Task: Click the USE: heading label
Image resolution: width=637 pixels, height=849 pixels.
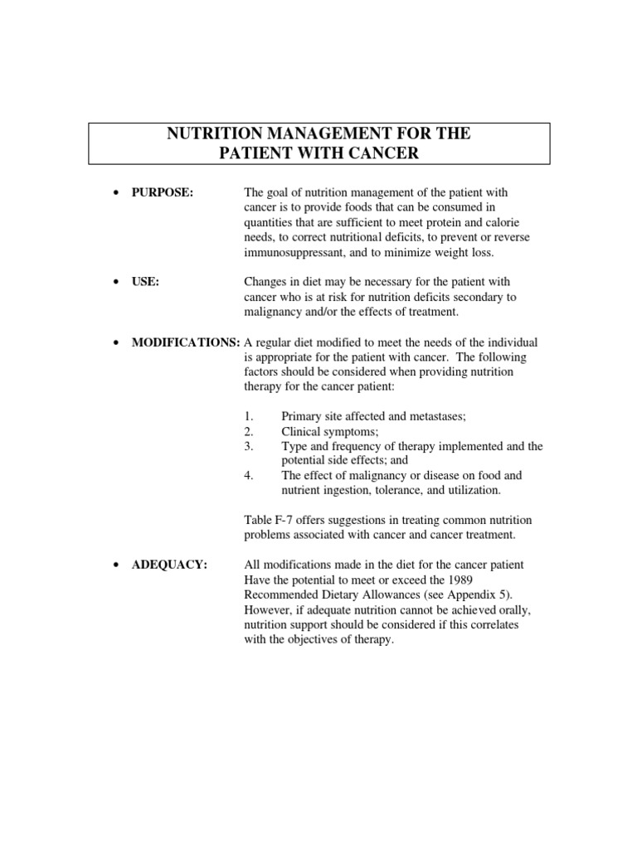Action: pyautogui.click(x=146, y=282)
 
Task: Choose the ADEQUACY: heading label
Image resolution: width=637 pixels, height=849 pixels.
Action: pyautogui.click(x=169, y=565)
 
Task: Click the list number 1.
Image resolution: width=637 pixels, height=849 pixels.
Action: pyautogui.click(x=249, y=416)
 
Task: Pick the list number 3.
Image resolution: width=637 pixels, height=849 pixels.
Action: pyautogui.click(x=249, y=446)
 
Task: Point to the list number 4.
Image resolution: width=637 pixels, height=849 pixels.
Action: pyautogui.click(x=249, y=476)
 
